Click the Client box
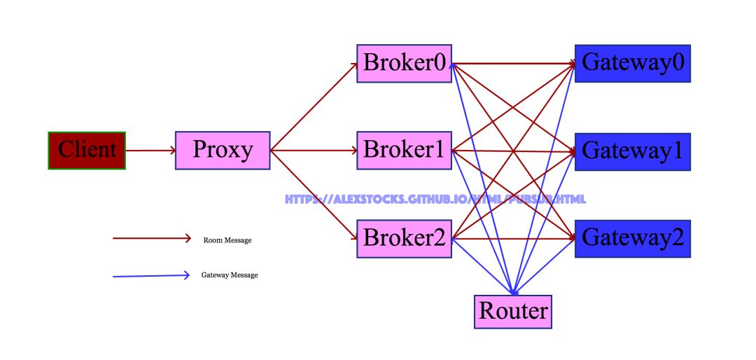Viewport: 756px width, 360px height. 87,150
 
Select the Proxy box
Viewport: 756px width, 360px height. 223,150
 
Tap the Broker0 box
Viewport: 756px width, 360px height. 404,63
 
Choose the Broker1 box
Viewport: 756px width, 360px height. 404,150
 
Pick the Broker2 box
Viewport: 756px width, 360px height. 404,238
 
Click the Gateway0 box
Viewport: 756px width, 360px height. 632,63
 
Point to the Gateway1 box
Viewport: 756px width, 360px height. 632,151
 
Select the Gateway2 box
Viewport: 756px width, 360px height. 632,238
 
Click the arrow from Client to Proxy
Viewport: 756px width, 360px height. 150,150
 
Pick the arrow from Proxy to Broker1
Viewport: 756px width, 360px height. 313,150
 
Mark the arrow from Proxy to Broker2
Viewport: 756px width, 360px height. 313,194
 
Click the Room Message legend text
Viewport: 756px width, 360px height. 227,240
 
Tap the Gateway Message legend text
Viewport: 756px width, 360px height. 230,275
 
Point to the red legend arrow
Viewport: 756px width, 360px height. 151,238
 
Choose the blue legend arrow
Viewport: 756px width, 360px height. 151,275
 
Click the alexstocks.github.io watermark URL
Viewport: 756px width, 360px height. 435,199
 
